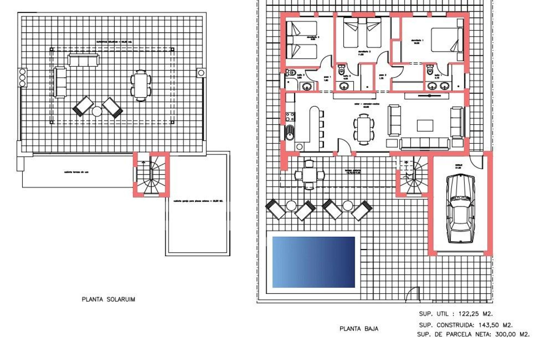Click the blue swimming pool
(314, 262)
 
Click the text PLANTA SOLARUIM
(108, 299)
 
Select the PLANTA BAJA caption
(359, 329)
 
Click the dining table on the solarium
(140, 85)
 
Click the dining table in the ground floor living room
(364, 129)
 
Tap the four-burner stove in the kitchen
(290, 117)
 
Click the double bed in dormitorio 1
(447, 40)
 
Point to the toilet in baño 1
(429, 70)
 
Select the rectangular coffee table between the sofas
(425, 125)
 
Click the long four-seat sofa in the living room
(424, 144)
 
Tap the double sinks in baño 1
(438, 86)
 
